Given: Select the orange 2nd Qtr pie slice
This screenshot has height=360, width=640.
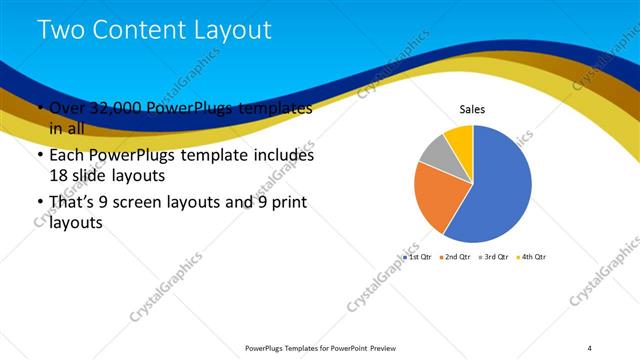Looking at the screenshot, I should (436, 195).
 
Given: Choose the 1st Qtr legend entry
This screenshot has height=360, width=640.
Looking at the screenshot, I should (418, 257).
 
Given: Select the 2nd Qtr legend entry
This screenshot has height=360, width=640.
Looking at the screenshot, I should (455, 257).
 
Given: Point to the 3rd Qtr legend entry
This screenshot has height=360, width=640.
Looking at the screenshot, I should (493, 257).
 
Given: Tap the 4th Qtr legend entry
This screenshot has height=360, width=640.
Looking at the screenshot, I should (530, 257).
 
